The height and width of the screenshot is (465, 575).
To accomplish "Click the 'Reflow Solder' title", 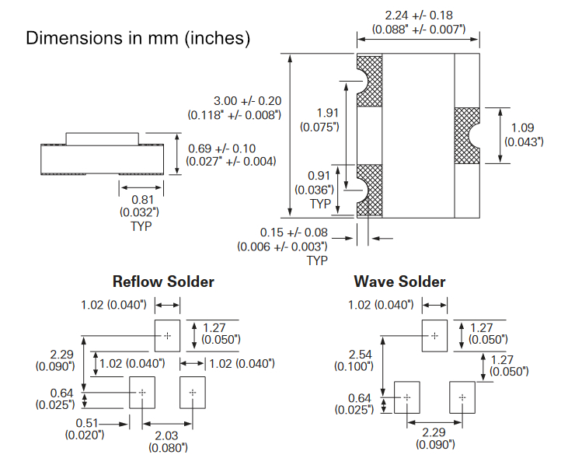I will coord(163,281).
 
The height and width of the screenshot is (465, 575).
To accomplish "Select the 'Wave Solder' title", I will coord(399,281).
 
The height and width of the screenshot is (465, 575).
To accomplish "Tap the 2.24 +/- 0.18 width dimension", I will coord(419,23).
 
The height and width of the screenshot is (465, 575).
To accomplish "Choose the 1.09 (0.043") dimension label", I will coord(524,135).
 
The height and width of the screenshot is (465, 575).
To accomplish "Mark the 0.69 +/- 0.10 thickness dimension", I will coord(232,155).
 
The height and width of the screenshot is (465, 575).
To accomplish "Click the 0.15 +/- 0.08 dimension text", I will coord(283,239).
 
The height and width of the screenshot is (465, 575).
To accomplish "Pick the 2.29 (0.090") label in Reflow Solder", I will coord(54,359).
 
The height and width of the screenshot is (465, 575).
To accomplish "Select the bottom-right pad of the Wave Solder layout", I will coord(462,397).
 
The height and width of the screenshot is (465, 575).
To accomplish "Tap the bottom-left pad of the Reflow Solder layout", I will coord(142,393).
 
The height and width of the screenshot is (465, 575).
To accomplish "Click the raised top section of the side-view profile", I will coord(102,139).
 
